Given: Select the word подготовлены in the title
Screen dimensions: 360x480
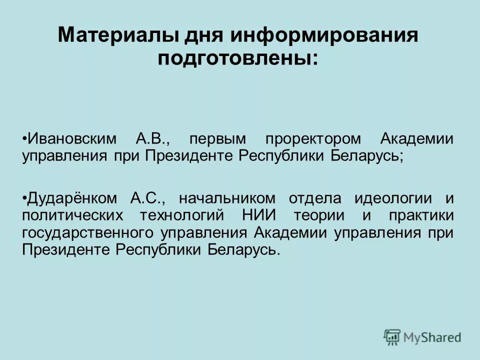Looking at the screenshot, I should (x=234, y=59).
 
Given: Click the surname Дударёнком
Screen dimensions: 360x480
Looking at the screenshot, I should (x=72, y=198).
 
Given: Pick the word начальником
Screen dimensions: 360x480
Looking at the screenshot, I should (x=225, y=198).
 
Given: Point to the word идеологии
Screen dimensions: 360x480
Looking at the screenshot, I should (x=393, y=198).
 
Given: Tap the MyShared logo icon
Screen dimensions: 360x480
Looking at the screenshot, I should (x=393, y=336).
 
